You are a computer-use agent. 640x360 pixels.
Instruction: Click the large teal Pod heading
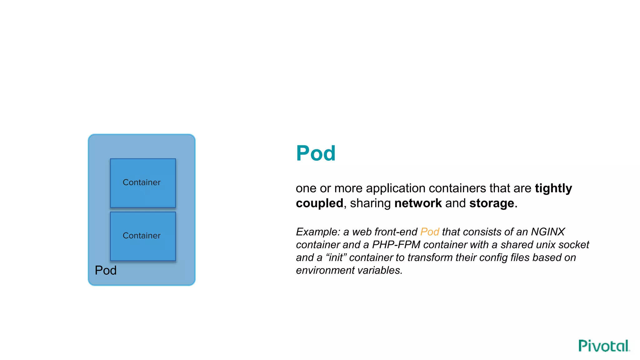coord(316,153)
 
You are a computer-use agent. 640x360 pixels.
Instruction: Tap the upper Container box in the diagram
coord(143,183)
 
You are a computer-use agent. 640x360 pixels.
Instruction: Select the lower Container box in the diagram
coord(143,236)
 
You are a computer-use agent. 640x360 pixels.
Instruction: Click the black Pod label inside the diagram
coord(106,270)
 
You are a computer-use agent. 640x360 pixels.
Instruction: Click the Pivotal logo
coord(604,346)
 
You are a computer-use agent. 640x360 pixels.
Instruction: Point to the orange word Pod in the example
coord(430,232)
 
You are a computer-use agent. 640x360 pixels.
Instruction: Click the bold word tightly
coord(553,188)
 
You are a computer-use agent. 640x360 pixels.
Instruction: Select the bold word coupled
coord(319,203)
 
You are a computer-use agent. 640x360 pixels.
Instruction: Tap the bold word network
coord(418,203)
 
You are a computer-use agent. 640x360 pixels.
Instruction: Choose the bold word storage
coord(492,203)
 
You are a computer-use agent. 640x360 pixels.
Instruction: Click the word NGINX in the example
coord(548,232)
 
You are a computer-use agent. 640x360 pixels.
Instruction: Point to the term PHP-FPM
coord(396,245)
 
